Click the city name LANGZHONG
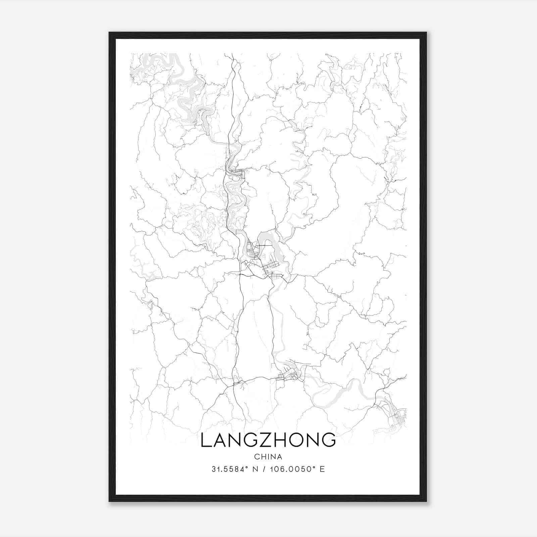(x=268, y=440)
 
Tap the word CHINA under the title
(x=268, y=457)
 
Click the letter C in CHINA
(x=256, y=457)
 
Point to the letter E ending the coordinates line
(x=322, y=469)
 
